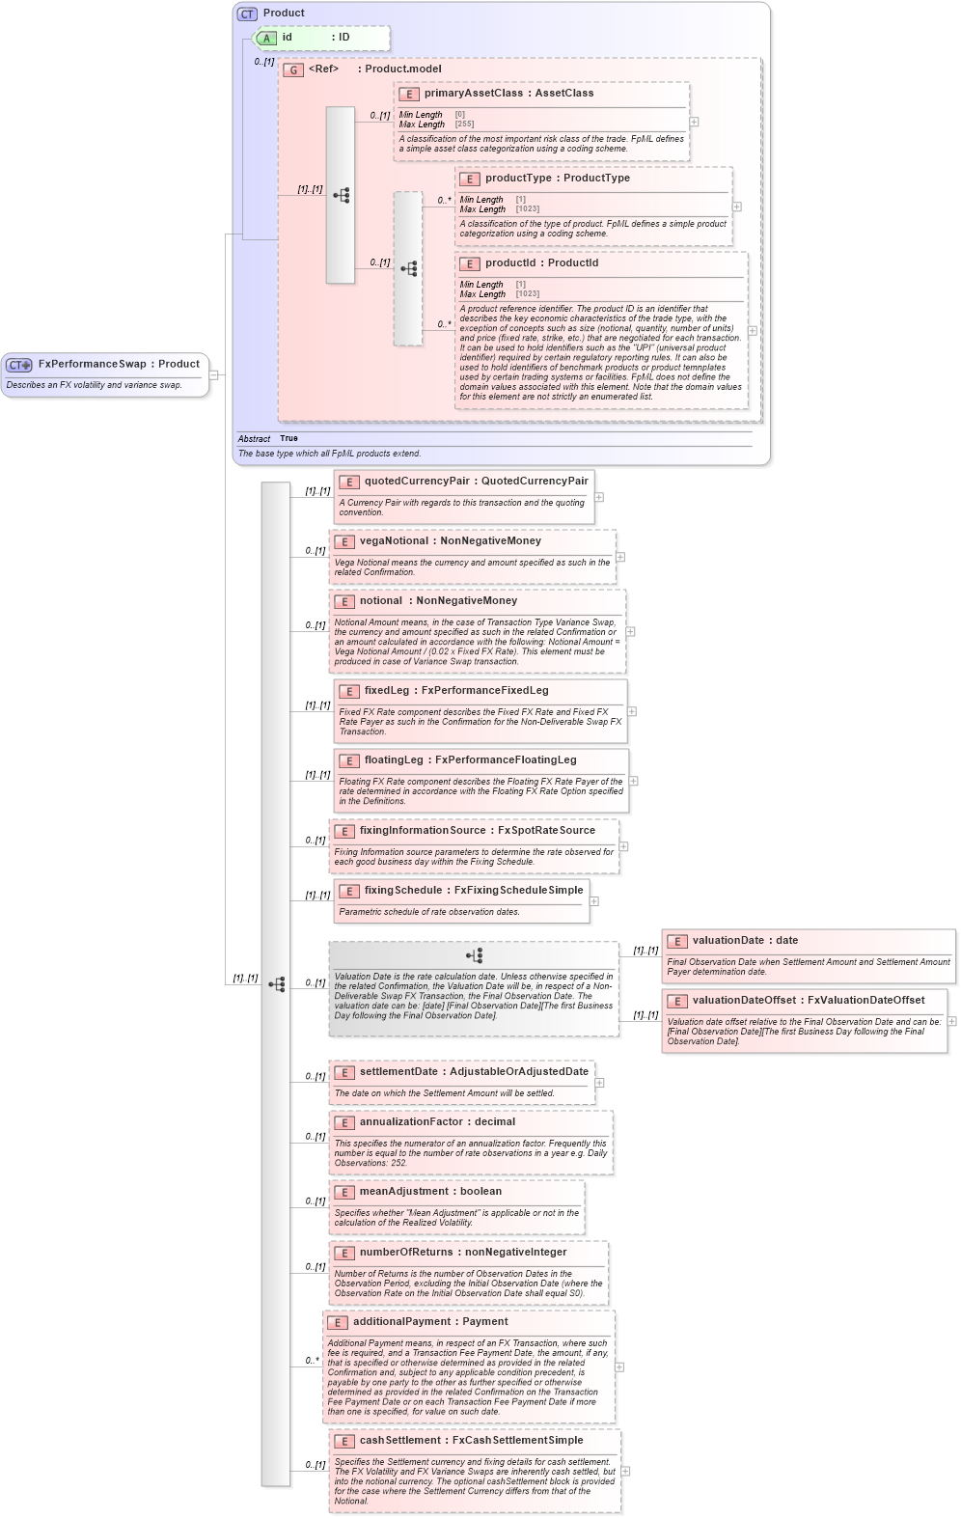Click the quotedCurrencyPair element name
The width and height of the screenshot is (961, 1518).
point(417,482)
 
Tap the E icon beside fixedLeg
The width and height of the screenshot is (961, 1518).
point(349,692)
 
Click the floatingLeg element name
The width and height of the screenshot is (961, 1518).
point(394,760)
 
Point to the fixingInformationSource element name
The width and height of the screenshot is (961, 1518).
point(423,831)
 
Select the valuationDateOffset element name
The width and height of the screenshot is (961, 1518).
point(745,1001)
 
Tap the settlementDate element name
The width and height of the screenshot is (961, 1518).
point(398,1072)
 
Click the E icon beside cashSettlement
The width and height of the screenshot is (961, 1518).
point(344,1442)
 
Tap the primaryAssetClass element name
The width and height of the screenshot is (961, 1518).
point(473,94)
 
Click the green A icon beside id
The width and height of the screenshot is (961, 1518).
point(267,39)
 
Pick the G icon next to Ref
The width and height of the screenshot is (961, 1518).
point(293,70)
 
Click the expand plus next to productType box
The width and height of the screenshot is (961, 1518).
point(737,207)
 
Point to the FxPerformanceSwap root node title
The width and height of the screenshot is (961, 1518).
point(92,365)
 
